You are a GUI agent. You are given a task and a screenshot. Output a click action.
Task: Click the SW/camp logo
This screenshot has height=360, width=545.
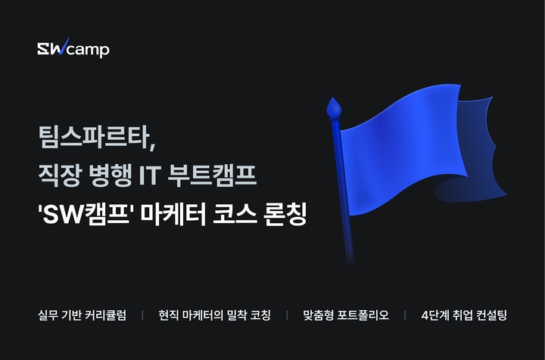[x=73, y=48]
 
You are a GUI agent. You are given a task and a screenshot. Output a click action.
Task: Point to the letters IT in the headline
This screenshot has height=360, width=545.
[x=149, y=175]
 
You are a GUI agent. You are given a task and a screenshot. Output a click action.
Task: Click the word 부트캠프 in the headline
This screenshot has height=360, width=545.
[x=212, y=175]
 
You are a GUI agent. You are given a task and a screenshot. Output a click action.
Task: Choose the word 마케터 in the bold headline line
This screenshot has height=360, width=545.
[x=173, y=214]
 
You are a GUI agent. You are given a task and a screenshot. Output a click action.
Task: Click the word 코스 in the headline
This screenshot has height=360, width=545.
[x=235, y=214]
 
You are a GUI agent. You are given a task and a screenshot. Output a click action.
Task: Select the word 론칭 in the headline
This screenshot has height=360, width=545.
[x=285, y=214]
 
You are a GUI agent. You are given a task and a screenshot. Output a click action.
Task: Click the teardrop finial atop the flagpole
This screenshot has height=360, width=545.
[x=334, y=108]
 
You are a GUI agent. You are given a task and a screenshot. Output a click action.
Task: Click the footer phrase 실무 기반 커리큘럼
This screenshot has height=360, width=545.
[x=82, y=315]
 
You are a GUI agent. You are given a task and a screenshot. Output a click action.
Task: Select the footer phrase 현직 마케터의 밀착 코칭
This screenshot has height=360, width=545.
[x=214, y=315]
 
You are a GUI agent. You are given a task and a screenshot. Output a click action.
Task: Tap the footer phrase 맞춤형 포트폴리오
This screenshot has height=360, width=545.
[x=346, y=315]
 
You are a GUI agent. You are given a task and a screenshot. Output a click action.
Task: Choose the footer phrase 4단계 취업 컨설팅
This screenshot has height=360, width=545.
[x=464, y=315]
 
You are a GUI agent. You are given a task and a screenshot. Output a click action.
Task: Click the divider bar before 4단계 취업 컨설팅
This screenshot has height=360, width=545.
[x=405, y=315]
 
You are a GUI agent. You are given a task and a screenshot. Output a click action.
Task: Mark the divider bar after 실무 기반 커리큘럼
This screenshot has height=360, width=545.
[x=142, y=315]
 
